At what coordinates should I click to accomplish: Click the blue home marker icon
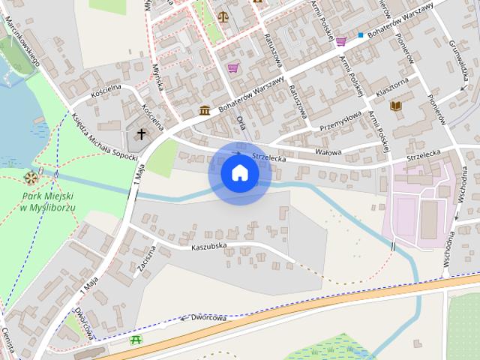[x=239, y=172]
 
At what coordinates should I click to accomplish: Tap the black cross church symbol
[x=141, y=134]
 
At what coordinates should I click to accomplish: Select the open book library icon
[x=395, y=106]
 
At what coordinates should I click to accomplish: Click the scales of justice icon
[x=223, y=14]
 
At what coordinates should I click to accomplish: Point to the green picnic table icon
[x=136, y=340]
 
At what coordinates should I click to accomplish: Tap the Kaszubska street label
[x=209, y=246]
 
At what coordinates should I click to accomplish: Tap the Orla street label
[x=240, y=122]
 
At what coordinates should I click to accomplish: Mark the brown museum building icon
[x=205, y=111]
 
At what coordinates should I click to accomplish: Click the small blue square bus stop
[x=361, y=35]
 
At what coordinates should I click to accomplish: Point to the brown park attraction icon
[x=31, y=178]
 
